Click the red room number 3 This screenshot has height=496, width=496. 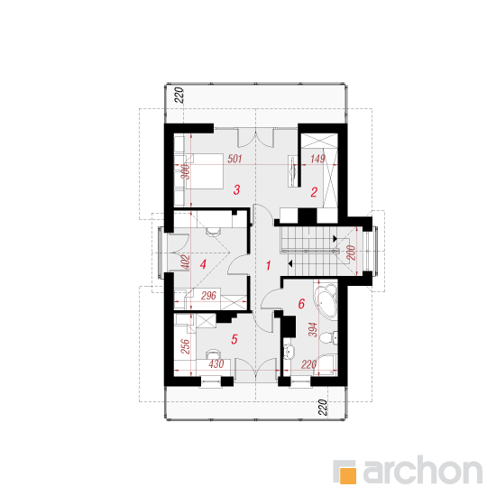(236, 189)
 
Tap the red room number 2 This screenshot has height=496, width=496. (314, 192)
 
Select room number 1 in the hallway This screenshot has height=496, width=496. (269, 266)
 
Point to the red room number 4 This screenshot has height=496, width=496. (203, 264)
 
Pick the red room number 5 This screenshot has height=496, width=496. (234, 339)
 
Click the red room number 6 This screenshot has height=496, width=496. (301, 304)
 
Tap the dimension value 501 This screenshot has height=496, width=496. (234, 159)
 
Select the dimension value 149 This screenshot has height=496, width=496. (317, 159)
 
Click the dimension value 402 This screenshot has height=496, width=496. (186, 262)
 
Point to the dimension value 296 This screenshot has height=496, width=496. (209, 296)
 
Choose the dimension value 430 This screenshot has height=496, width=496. (216, 364)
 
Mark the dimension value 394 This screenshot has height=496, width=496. (313, 330)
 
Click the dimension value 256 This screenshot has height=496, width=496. (186, 346)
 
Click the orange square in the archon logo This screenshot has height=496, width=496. (348, 475)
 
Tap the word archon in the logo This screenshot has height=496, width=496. (423, 470)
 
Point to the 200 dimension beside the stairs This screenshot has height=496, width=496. (351, 253)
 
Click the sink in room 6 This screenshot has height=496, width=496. (289, 352)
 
